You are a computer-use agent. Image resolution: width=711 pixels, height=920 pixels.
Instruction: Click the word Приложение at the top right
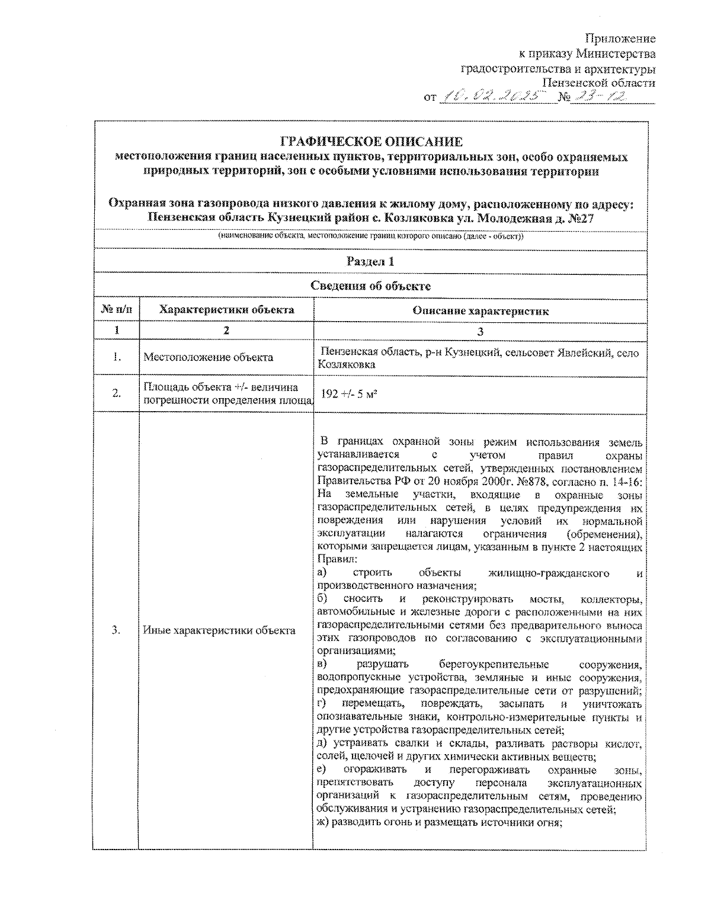coord(620,39)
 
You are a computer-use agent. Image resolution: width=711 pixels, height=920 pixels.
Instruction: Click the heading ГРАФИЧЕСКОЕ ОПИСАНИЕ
coord(370,142)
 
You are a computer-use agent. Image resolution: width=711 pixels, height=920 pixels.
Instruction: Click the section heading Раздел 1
coord(370,261)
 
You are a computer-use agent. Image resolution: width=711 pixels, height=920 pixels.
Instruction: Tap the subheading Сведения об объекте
coord(370,286)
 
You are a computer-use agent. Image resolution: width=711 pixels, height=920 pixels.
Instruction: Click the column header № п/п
coord(117,310)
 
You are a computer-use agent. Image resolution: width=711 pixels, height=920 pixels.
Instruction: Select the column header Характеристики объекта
coord(227,310)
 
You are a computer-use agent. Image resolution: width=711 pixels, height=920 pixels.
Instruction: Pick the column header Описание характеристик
coord(480,311)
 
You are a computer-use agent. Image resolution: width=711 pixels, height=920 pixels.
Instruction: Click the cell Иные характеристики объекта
coord(219,630)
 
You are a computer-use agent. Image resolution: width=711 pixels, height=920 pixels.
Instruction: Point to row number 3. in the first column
coord(117,630)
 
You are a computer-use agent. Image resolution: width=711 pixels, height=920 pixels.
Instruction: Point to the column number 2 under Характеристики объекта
coord(226,331)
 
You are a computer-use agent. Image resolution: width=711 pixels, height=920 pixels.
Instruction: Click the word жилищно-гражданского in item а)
coord(549,573)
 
